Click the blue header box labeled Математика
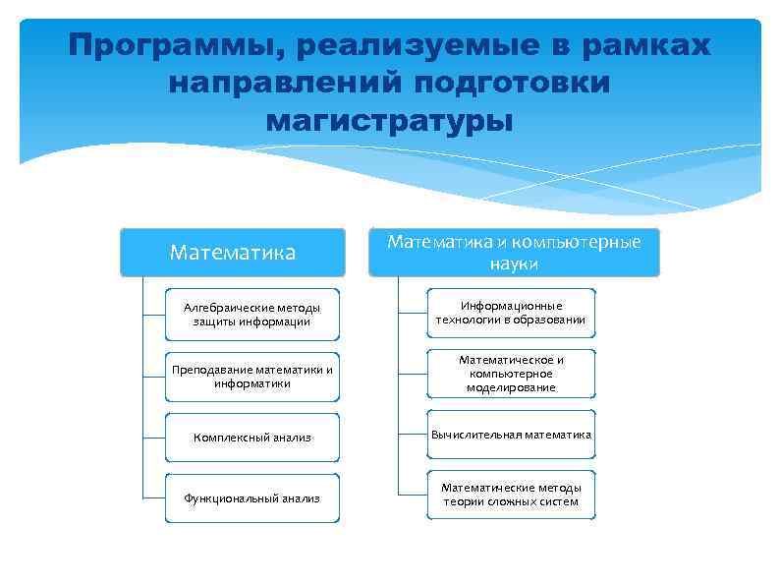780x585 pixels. point(233,253)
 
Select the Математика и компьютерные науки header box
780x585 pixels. point(512,253)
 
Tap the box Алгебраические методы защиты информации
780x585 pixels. point(251,315)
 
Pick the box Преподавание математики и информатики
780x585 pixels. point(251,377)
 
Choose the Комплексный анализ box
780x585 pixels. point(251,438)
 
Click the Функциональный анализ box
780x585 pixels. point(251,498)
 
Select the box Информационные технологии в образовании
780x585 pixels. point(511,313)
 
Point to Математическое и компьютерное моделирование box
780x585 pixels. point(511,374)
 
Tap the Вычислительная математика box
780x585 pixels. point(511,435)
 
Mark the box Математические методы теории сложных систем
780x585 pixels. point(511,495)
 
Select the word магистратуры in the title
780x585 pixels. point(389,122)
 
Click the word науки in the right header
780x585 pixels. point(512,264)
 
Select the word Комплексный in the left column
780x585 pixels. point(228,438)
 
